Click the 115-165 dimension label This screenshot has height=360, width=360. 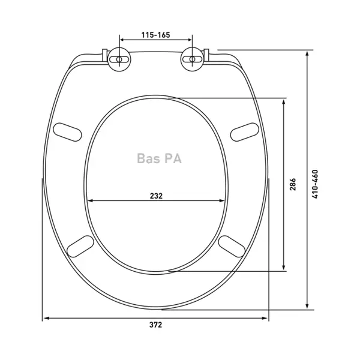155,35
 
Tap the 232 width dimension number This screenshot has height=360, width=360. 156,196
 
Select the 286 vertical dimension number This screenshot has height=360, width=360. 293,184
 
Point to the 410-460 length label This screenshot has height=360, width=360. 316,184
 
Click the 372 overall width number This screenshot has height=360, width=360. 155,325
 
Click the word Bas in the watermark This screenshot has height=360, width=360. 146,158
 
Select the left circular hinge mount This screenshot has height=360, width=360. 119,59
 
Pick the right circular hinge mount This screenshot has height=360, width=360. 192,59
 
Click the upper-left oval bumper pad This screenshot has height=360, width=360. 67,132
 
